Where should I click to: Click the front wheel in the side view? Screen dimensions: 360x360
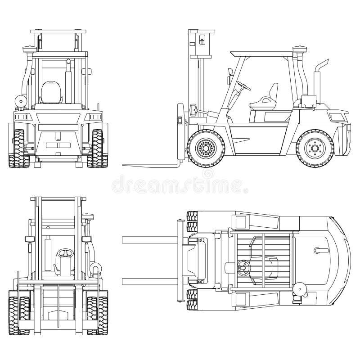tap(206, 147)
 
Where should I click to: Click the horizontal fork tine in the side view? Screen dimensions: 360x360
tap(148, 165)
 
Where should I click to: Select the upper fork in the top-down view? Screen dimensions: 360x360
tap(148, 239)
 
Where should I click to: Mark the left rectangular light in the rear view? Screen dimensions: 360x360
tap(21, 117)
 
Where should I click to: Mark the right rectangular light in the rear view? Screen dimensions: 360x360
tap(95, 117)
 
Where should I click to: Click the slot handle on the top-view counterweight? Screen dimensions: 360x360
tap(322, 250)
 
